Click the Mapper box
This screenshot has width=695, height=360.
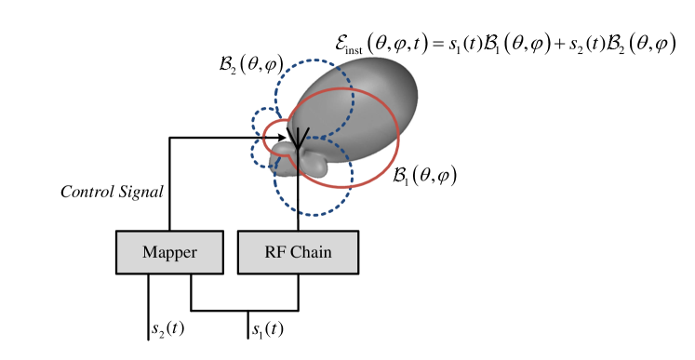169,252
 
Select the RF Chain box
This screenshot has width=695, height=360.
298,252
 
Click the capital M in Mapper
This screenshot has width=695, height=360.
149,253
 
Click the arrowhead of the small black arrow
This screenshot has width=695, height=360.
283,138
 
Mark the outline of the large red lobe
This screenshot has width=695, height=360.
397,140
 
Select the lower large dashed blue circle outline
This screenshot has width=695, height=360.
352,177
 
